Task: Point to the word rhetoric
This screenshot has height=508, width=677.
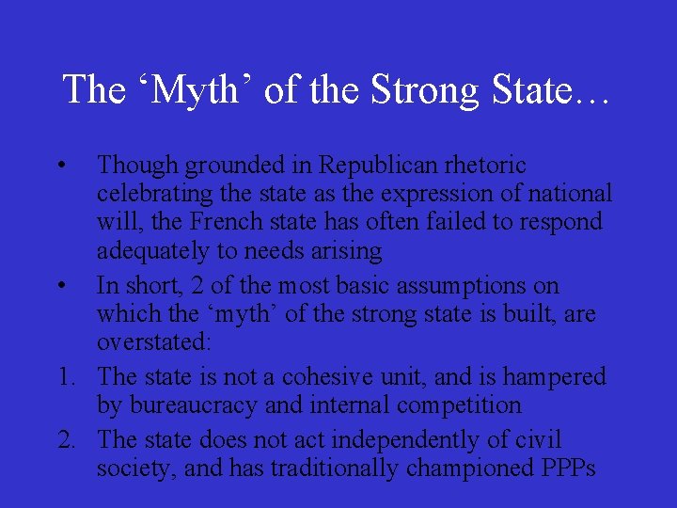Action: click(x=493, y=166)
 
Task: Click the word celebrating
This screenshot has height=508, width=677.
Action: click(x=156, y=195)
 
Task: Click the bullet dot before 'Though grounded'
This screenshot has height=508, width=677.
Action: click(x=60, y=166)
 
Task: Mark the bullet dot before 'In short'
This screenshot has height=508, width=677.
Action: click(x=60, y=286)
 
